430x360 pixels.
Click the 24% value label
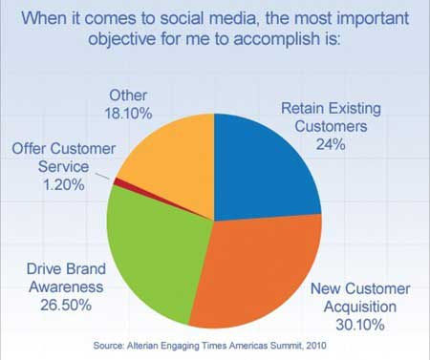[x=331, y=145]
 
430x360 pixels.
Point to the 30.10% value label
[x=360, y=325]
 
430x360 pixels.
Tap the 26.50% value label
[x=66, y=305]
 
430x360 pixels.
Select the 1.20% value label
[x=64, y=184]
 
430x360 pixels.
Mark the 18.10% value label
[x=128, y=114]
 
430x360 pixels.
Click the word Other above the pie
[x=128, y=95]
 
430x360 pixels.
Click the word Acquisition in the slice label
[x=360, y=307]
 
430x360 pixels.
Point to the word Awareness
[x=66, y=286]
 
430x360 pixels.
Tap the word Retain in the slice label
[x=302, y=108]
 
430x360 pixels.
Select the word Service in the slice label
[x=63, y=166]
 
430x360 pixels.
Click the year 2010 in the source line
[x=316, y=346]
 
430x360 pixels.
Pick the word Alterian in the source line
[x=142, y=346]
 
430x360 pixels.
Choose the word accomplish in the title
[x=277, y=39]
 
